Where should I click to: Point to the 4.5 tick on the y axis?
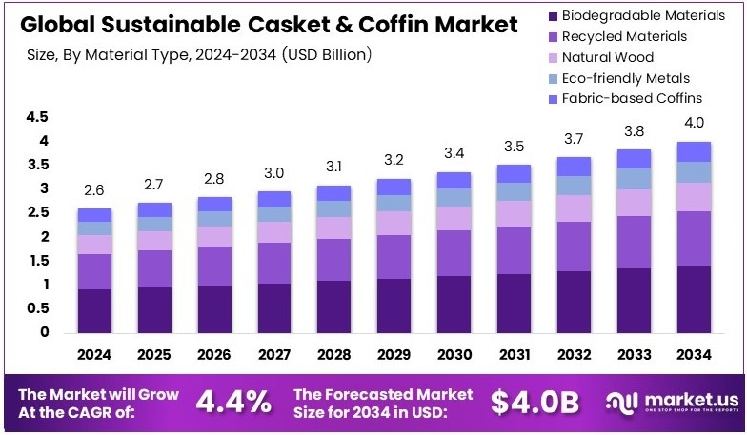coord(37,117)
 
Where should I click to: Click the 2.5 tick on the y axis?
coord(37,213)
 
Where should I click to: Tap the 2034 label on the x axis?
coord(693,354)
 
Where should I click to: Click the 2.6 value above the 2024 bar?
coord(95,190)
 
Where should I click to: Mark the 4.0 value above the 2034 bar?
coord(693,123)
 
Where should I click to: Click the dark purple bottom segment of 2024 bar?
coord(95,311)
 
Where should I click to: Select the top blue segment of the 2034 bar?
coord(693,151)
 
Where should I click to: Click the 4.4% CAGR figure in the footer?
coord(233,403)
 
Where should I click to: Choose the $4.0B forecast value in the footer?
coord(535,403)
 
